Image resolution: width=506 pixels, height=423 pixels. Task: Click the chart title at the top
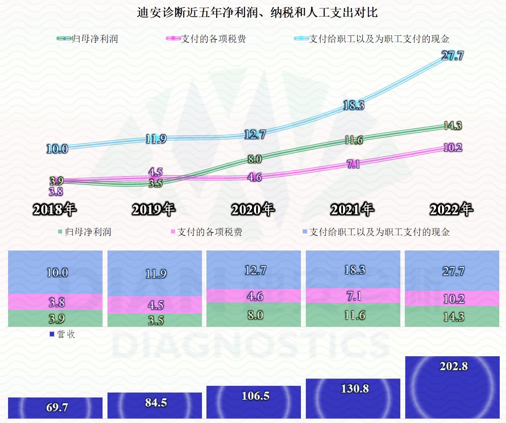click(257, 12)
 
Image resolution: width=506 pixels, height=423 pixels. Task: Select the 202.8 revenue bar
click(453, 387)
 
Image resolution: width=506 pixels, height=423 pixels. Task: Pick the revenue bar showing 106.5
click(253, 401)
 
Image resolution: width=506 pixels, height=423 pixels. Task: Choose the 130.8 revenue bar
click(353, 398)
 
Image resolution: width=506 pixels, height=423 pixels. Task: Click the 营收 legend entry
click(62, 334)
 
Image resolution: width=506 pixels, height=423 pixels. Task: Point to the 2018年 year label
click(55, 209)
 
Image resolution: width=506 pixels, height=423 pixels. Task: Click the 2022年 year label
click(451, 209)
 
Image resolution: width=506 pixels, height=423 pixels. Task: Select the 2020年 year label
click(253, 209)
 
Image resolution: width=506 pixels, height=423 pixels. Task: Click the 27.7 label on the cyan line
click(452, 56)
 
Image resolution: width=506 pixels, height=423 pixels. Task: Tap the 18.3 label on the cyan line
click(353, 105)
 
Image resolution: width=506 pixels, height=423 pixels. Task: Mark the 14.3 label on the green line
click(452, 126)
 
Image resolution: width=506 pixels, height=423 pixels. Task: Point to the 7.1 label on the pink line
click(353, 164)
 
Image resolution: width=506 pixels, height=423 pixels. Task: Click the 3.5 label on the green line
click(155, 183)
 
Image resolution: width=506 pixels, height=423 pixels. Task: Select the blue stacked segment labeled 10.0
click(55, 272)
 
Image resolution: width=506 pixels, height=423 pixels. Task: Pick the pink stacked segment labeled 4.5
click(155, 305)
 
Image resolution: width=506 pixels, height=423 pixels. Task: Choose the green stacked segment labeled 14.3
click(453, 316)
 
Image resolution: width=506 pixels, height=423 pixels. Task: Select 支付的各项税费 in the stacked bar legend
click(206, 232)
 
